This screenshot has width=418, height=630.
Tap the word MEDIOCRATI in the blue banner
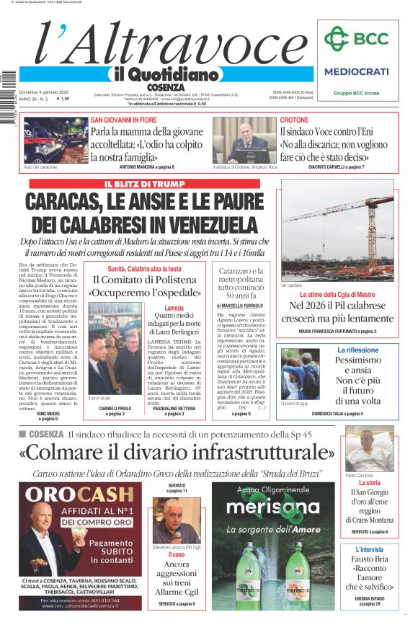tap(356, 72)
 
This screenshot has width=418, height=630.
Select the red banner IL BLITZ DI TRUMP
tap(144, 185)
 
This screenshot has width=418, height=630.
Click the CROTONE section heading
tap(294, 120)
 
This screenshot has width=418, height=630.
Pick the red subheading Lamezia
tap(174, 308)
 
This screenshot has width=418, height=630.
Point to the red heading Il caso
tap(177, 555)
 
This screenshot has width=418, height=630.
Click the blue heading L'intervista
tap(368, 550)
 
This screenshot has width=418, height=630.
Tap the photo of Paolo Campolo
tap(369, 449)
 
